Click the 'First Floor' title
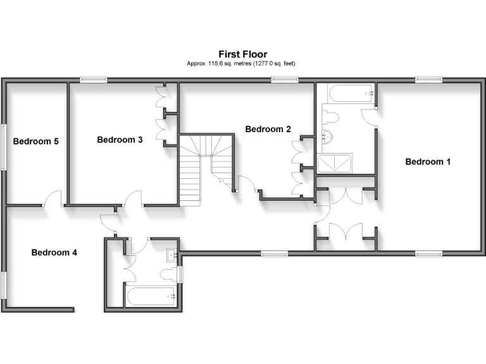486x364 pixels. point(243,54)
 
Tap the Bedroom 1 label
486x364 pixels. point(428,162)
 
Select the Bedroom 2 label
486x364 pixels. point(268,129)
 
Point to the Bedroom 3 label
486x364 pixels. point(120,140)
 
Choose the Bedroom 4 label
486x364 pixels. point(54,253)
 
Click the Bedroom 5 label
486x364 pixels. point(36,142)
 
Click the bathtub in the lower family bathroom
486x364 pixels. point(151,296)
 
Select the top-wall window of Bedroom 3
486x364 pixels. point(93,79)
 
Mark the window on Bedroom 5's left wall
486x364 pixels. point(3,146)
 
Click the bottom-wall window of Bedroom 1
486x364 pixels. point(429,253)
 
